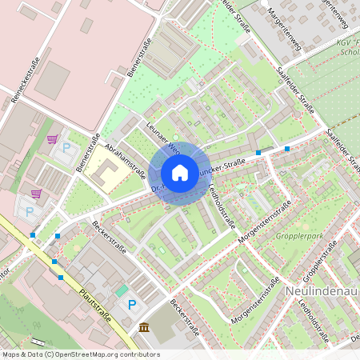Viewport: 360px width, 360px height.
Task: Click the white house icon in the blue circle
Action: pos(180,172)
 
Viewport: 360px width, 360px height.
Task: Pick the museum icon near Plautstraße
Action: pos(143,327)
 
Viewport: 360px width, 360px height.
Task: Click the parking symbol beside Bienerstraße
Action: pos(67,148)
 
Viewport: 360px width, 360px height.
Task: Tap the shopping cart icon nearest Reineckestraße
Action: pos(52,139)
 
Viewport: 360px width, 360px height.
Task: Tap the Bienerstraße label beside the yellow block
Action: pos(85,152)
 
